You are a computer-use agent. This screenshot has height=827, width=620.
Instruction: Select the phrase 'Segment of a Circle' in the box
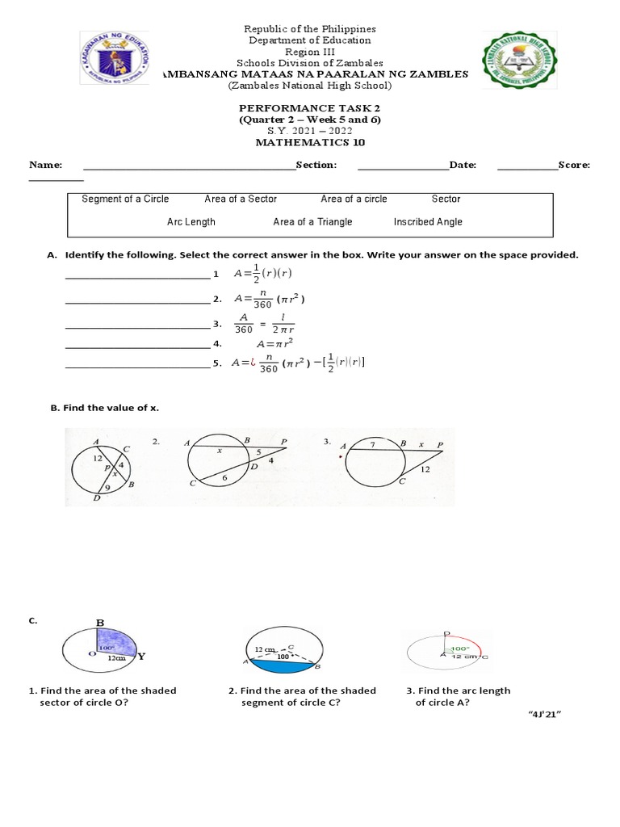click(x=125, y=199)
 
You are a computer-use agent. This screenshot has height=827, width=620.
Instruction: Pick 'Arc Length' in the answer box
click(x=191, y=222)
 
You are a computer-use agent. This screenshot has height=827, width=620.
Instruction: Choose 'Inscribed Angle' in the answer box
click(x=428, y=222)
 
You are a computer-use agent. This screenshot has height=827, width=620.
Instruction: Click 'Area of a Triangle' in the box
click(x=312, y=222)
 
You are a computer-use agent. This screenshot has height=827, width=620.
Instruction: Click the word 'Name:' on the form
click(x=45, y=165)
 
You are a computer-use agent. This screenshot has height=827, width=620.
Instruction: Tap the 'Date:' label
click(x=463, y=165)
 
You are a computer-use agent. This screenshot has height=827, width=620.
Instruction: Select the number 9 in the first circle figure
click(x=107, y=487)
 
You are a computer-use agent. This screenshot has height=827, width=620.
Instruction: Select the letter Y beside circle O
click(x=140, y=657)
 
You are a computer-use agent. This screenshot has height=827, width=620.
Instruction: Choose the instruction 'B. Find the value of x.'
click(x=105, y=409)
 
